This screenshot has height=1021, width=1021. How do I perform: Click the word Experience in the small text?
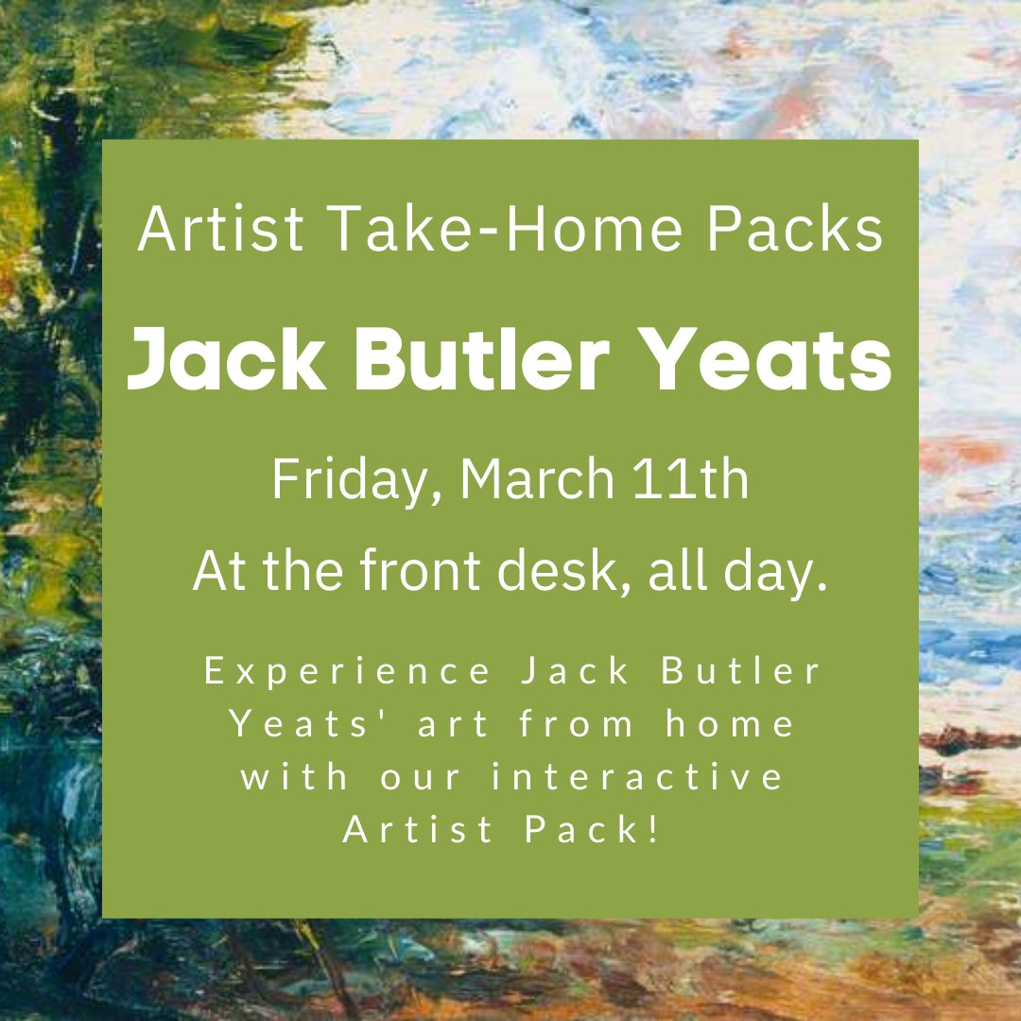click(x=348, y=672)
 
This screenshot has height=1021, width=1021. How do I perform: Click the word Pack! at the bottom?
click(x=595, y=831)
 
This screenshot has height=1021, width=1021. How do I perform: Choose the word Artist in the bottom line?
click(x=418, y=831)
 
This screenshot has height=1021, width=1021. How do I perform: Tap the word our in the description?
click(x=429, y=778)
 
